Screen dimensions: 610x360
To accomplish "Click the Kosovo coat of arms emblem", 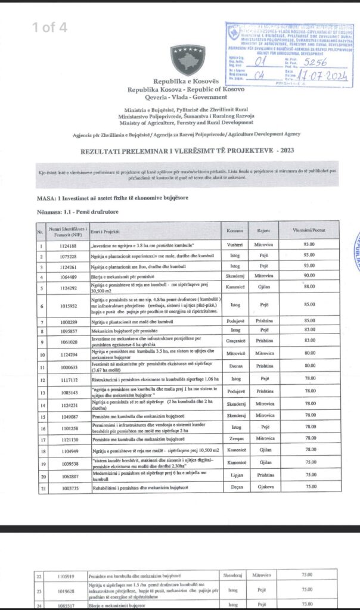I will coord(187,60).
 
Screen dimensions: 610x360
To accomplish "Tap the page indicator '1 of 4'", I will coord(50,27).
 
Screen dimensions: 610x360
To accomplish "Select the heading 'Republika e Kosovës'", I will coord(187,81).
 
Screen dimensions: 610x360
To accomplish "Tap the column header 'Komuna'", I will coord(234,230).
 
